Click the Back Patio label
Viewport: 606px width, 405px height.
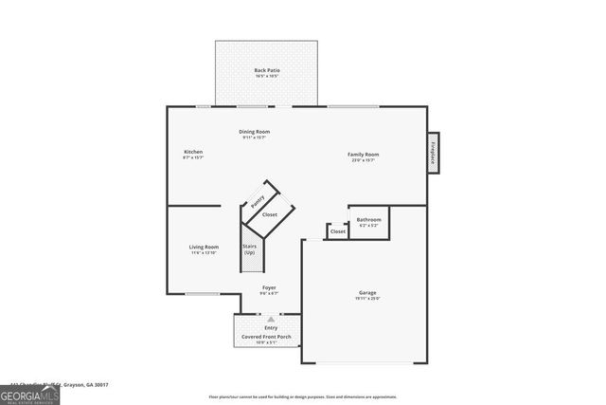coord(267,70)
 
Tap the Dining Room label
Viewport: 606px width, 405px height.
coord(254,132)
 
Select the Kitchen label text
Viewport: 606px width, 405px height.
coord(193,152)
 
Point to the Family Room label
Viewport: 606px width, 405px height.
coord(363,154)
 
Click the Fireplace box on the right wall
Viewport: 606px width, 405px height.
coord(434,154)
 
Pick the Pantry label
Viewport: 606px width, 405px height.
coord(257,201)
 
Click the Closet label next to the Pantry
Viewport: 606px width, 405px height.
coord(270,215)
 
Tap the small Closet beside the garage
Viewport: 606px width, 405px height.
coord(338,231)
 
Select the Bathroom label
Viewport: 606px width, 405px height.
coord(368,219)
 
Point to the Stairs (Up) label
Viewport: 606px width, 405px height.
coord(250,249)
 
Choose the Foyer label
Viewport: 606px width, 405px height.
coord(270,287)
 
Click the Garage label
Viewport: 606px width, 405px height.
coord(367,292)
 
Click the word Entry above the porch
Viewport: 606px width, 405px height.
coord(271,328)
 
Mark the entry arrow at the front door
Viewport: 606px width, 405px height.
coord(271,320)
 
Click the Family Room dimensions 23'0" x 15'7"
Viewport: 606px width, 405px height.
coord(363,160)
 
